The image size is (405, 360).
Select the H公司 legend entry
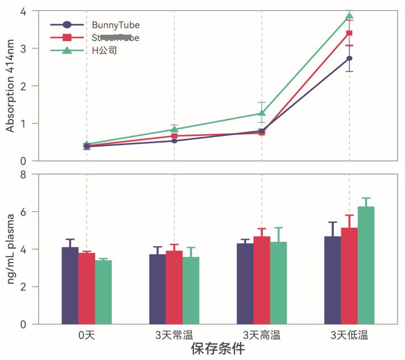coord(105,51)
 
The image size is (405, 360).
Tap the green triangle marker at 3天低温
coord(350,16)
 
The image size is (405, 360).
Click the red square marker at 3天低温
coord(350,33)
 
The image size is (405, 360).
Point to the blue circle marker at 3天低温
coord(349,58)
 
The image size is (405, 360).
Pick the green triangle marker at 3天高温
coord(262,113)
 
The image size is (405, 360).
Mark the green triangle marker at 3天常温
coord(175,129)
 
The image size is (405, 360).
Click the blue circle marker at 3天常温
coord(174,140)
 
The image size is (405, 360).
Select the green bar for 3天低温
coord(366,265)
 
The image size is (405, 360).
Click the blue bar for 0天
coord(70,285)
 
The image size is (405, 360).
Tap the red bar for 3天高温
coord(262,280)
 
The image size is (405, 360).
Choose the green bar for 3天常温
coord(191,291)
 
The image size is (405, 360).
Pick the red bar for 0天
coord(86,288)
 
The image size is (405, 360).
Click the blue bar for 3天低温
coord(333,280)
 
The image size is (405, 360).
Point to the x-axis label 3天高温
coord(262,335)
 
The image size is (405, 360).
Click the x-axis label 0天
coord(86,335)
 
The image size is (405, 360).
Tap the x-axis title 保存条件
coord(218,349)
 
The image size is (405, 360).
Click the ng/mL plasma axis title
coord(10,249)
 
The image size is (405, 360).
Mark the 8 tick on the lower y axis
coord(23,175)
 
